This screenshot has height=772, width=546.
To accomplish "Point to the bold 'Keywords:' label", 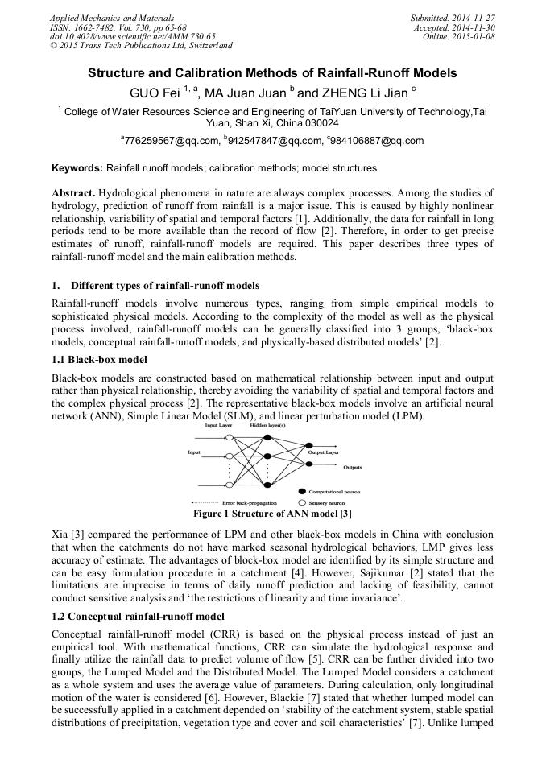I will (77, 169).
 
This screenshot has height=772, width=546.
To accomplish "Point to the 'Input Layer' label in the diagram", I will (218, 424).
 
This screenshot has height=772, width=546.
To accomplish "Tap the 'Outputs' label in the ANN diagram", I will (352, 467).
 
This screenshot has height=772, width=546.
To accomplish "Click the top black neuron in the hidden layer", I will (267, 436).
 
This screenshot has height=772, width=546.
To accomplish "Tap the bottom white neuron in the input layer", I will (230, 485).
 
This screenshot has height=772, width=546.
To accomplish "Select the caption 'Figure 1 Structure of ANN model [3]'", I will (272, 513).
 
